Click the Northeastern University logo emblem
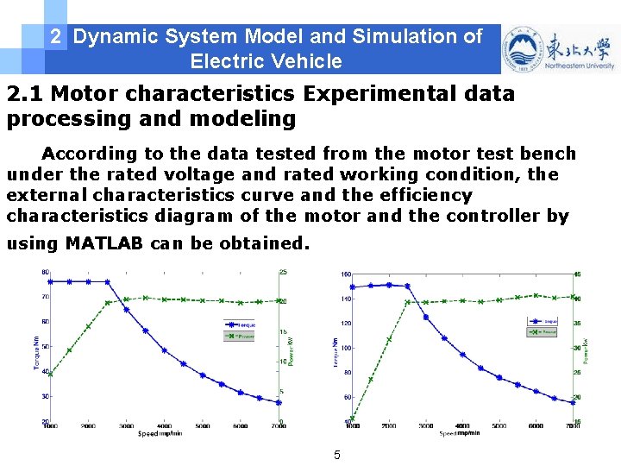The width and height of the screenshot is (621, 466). pyautogui.click(x=521, y=49)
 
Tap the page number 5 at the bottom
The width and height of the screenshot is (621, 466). pyautogui.click(x=337, y=454)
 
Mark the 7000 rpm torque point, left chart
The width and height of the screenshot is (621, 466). pyautogui.click(x=279, y=402)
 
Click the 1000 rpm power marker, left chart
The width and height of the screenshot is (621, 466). pyautogui.click(x=50, y=374)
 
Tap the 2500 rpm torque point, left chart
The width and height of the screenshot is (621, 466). pyautogui.click(x=107, y=281)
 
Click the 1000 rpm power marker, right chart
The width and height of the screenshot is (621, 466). pyautogui.click(x=352, y=419)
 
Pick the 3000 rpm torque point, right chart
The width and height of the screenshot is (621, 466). pyautogui.click(x=426, y=317)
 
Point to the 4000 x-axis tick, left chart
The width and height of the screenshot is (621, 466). pyautogui.click(x=165, y=426)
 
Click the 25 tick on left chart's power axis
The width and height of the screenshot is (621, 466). pyautogui.click(x=283, y=272)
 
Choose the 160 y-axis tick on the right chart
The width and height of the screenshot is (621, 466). pyautogui.click(x=345, y=274)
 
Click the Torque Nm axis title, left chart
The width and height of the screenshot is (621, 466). pyautogui.click(x=37, y=352)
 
